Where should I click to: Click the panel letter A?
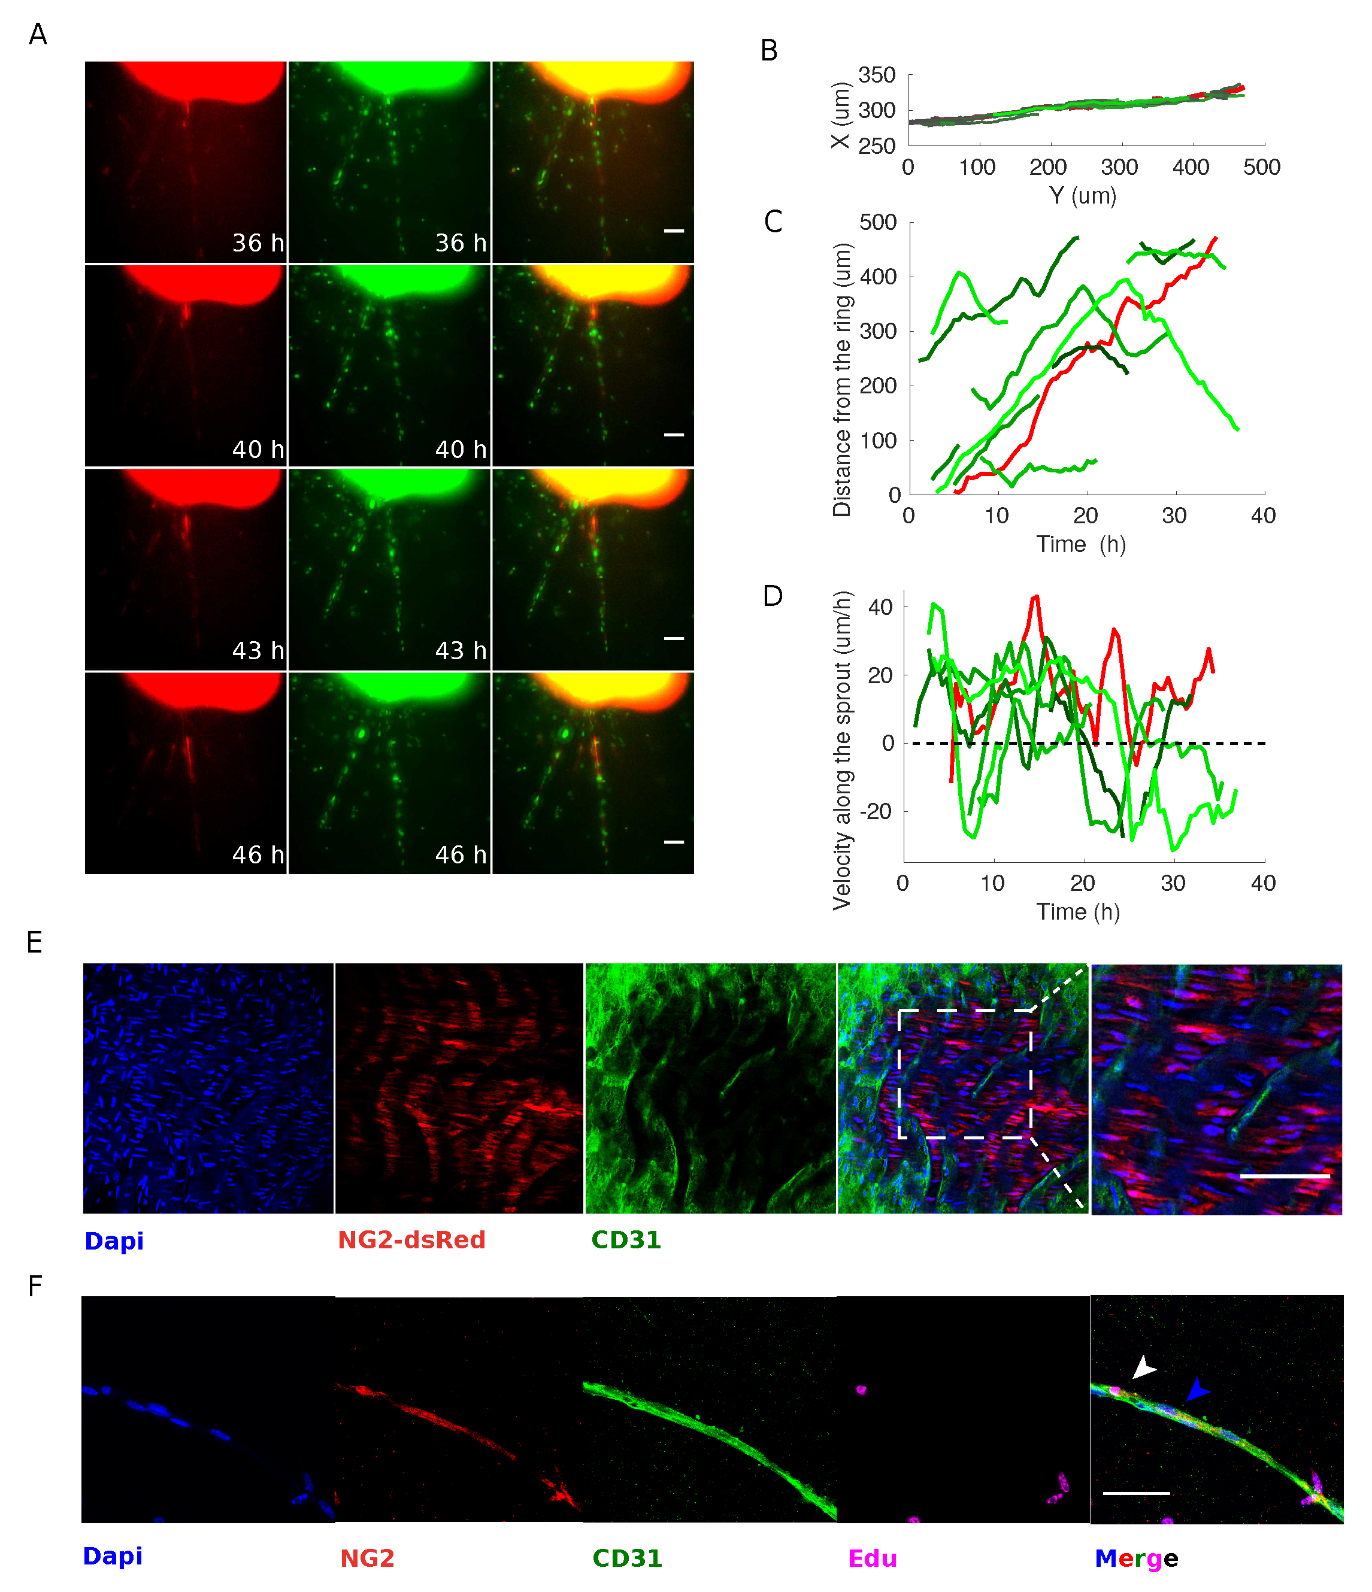(x=38, y=35)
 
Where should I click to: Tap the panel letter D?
(x=773, y=596)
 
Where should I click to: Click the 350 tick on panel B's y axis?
(x=877, y=75)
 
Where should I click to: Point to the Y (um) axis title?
(x=1082, y=196)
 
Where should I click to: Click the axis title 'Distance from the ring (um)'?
(x=843, y=380)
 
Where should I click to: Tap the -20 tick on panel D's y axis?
(x=876, y=811)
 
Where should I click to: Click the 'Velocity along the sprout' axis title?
(x=843, y=751)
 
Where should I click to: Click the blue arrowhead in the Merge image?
(x=1196, y=1389)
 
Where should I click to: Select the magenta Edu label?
(x=873, y=1558)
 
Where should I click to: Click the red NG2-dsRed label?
(x=411, y=1240)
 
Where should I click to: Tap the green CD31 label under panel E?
(x=626, y=1240)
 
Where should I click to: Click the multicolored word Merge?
(x=1136, y=1558)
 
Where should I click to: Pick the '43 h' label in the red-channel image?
(x=258, y=651)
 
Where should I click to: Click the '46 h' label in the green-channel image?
(x=461, y=854)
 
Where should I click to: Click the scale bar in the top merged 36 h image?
(x=674, y=231)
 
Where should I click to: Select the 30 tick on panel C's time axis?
(x=1174, y=515)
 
